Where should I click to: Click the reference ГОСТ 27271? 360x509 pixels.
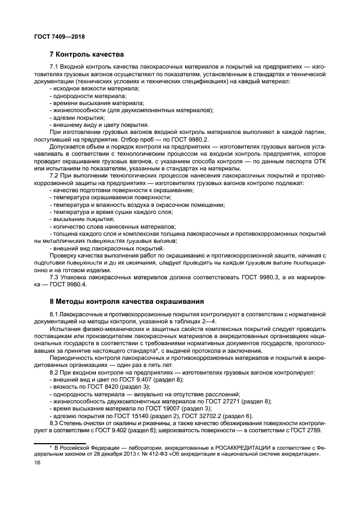(220, 401)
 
